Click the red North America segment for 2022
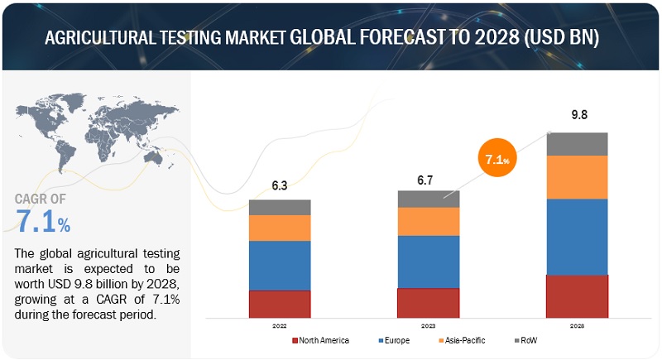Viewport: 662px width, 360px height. (x=280, y=304)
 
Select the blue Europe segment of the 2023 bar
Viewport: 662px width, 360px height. (x=428, y=262)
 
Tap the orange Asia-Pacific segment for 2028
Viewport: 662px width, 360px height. (x=577, y=177)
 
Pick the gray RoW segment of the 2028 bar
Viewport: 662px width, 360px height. (x=577, y=144)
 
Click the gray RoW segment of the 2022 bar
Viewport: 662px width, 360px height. (x=280, y=207)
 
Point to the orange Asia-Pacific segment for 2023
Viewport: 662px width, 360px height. (x=428, y=221)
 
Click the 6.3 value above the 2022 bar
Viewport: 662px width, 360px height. (x=279, y=185)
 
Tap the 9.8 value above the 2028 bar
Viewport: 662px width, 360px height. (x=577, y=117)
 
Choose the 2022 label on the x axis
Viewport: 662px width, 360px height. (x=280, y=326)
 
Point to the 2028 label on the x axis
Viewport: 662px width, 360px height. (x=577, y=326)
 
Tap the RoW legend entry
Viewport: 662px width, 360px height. (x=527, y=340)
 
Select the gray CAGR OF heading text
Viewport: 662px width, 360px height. (x=42, y=199)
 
